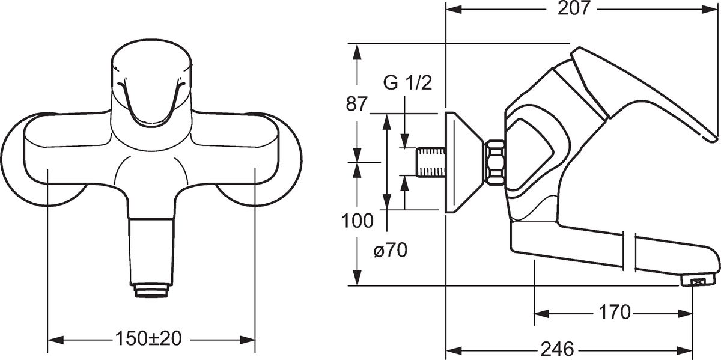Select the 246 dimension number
click(558, 349)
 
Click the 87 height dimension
click(357, 105)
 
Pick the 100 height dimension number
click(357, 221)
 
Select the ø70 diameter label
click(391, 250)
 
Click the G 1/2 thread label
click(408, 83)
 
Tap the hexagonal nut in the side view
click(495, 162)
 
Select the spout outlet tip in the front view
click(151, 291)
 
